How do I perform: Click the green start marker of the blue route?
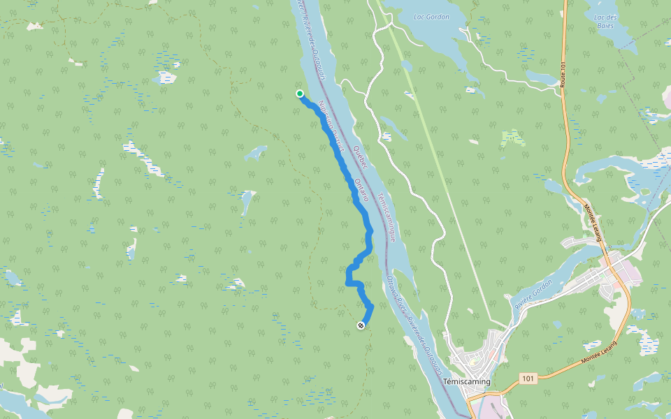click(x=300, y=94)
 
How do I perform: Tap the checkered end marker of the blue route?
click(x=361, y=325)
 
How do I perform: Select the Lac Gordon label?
click(x=431, y=16)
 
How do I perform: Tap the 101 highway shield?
click(x=528, y=378)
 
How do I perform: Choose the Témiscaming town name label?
click(x=467, y=382)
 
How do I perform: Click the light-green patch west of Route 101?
click(x=512, y=138)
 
